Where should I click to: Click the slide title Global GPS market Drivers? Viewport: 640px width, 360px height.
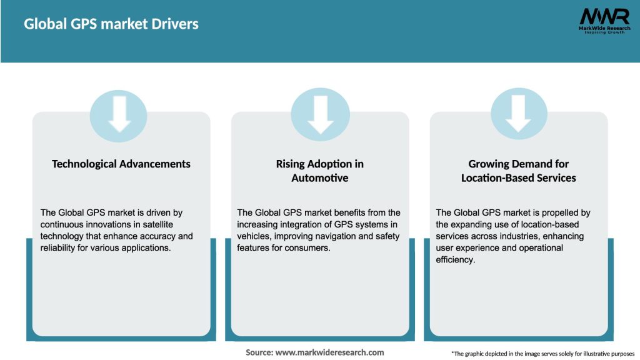pyautogui.click(x=111, y=24)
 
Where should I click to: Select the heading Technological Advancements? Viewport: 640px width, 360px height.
pyautogui.click(x=121, y=164)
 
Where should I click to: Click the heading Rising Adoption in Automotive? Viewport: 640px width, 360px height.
pyautogui.click(x=319, y=171)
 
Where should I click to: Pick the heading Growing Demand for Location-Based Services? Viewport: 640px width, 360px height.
pyautogui.click(x=518, y=171)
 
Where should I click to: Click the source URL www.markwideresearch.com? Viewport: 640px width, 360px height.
pyautogui.click(x=329, y=352)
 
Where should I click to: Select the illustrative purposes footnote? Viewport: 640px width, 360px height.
pyautogui.click(x=542, y=354)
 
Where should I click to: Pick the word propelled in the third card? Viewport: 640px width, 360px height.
pyautogui.click(x=559, y=213)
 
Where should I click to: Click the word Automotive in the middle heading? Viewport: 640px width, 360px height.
pyautogui.click(x=319, y=178)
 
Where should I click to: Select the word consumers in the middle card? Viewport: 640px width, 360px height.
pyautogui.click(x=311, y=248)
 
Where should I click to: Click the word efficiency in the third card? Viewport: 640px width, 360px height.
pyautogui.click(x=454, y=260)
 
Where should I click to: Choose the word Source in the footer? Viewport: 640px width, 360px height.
pyautogui.click(x=259, y=352)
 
